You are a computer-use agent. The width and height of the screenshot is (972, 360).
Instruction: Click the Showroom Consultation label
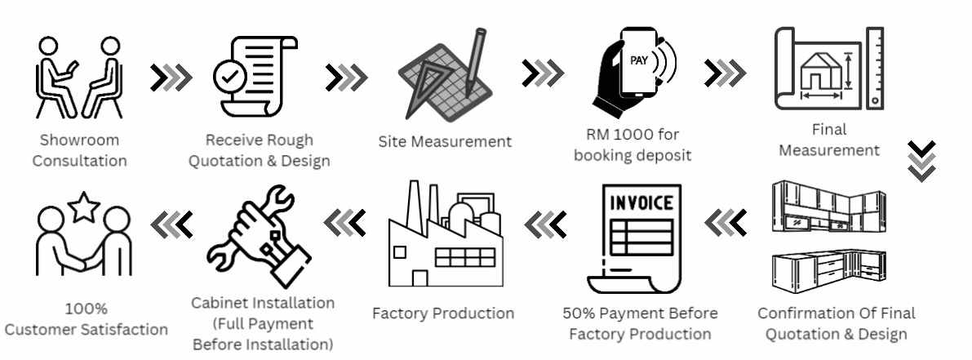pos(79,149)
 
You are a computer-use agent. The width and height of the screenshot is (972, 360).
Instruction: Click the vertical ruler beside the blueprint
pos(875,69)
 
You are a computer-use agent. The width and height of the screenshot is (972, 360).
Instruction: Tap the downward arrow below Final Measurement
pos(922,159)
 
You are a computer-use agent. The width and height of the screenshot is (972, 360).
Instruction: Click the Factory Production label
pos(443,313)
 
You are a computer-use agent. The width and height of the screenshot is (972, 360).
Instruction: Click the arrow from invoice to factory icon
pos(545,221)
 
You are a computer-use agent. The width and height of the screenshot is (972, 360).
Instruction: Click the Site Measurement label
pos(445,141)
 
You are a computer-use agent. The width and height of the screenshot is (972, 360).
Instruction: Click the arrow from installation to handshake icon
pos(172,221)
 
